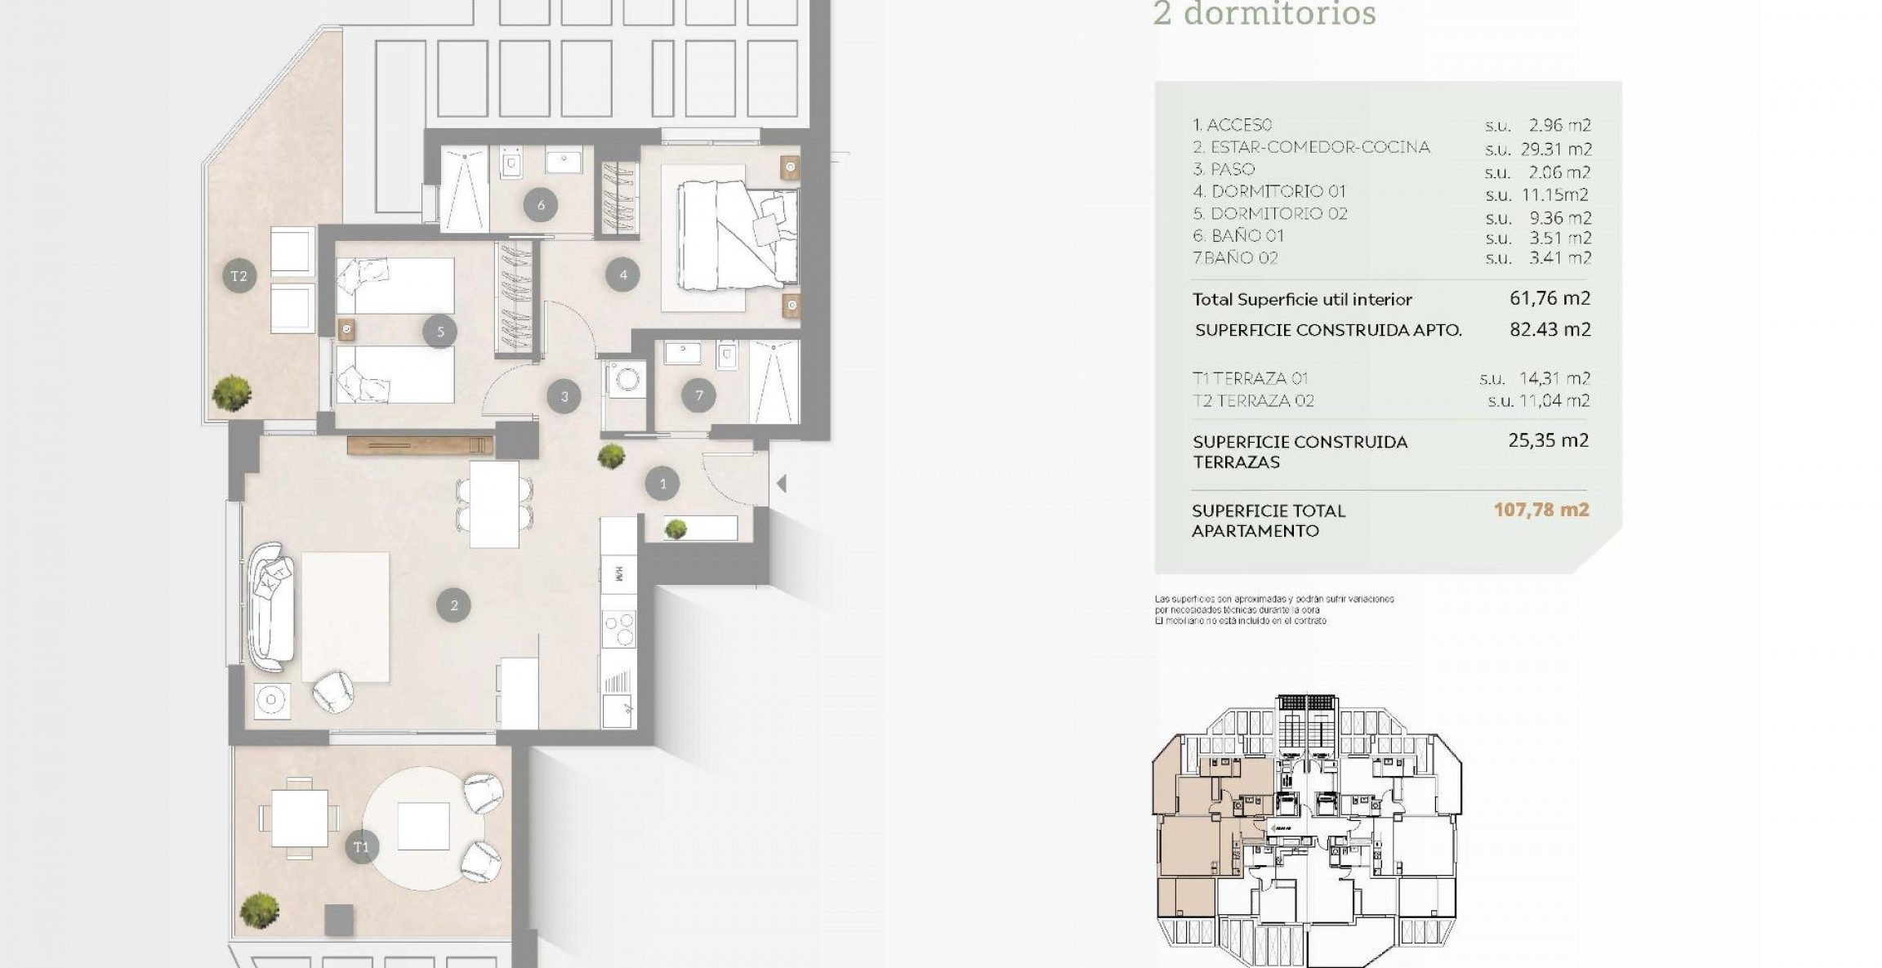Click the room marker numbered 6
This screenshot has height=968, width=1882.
coord(540,205)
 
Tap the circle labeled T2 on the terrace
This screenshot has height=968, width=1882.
coord(239,276)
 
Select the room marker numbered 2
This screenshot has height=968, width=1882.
coord(453,605)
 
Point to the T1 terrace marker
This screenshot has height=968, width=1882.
coord(361,847)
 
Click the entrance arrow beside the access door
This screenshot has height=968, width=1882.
coord(781,484)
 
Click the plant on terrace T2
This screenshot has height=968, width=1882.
coord(232,393)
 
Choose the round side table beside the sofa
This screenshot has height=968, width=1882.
coord(271,700)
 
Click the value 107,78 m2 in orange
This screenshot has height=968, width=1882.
coord(1541,510)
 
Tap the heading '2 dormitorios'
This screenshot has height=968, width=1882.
coord(1264,14)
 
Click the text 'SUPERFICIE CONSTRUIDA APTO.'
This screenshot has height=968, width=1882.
coord(1328,330)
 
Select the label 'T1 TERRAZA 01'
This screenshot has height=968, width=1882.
coord(1250,378)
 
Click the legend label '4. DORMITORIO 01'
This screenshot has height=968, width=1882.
coord(1269,191)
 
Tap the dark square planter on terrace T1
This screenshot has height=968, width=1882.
coord(339,920)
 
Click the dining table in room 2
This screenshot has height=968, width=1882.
coord(494,504)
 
